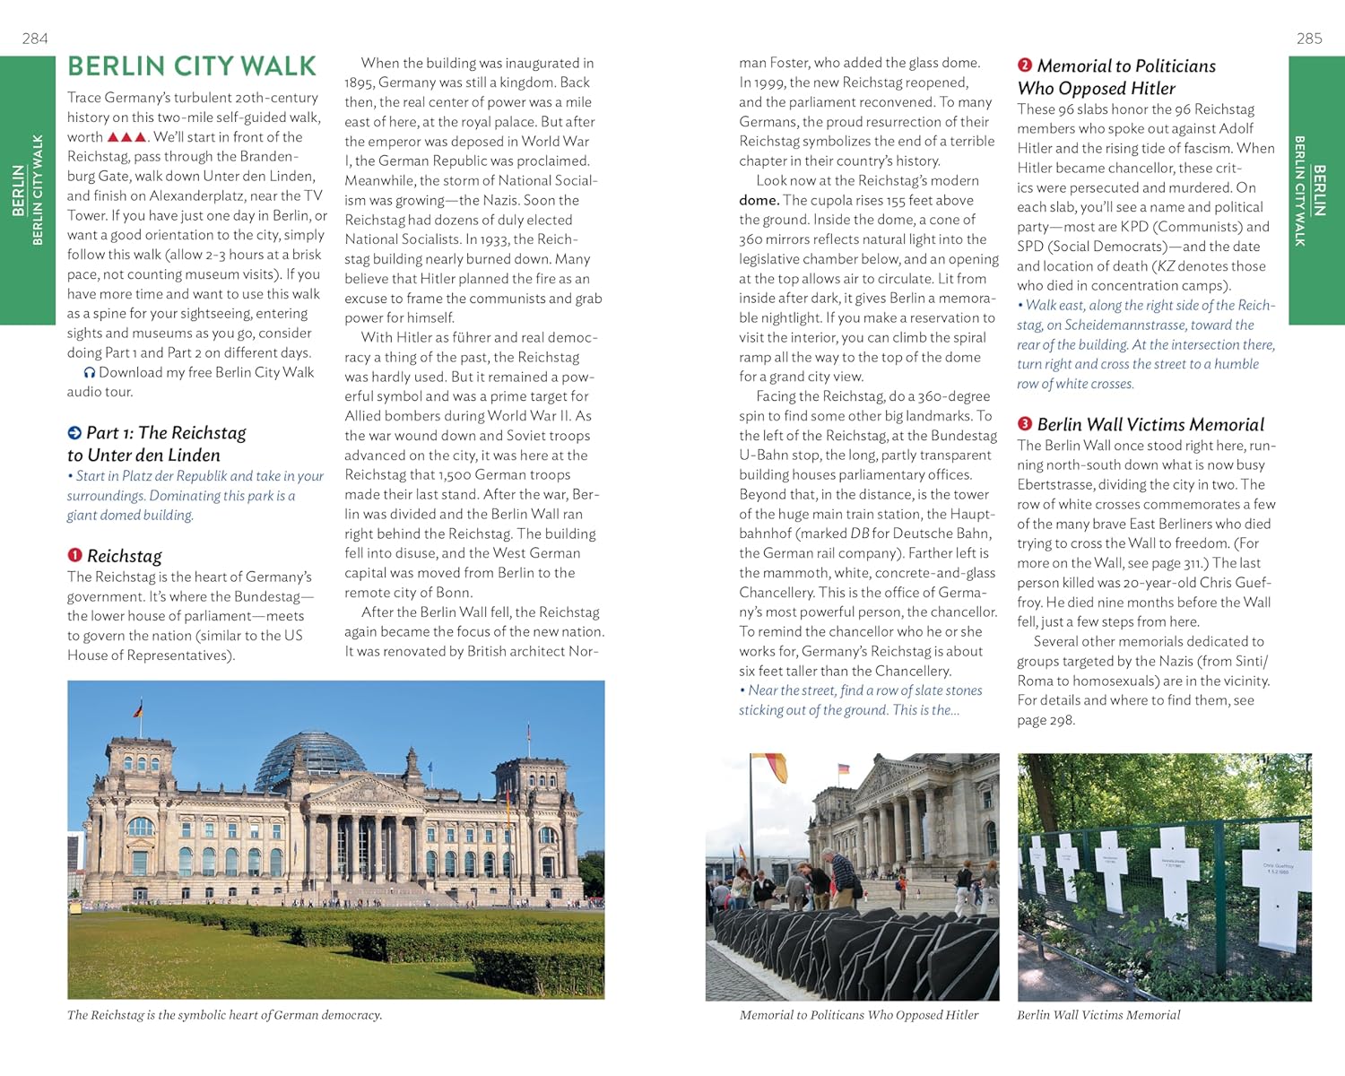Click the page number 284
[35, 39]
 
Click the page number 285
[1309, 39]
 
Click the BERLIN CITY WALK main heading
[192, 66]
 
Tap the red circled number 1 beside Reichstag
[75, 555]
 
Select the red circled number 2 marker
[1025, 65]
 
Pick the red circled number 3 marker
[1025, 424]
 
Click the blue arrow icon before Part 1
[74, 433]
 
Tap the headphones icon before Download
[89, 373]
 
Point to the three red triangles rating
[126, 137]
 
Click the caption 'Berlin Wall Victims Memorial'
[1098, 1015]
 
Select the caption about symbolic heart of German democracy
[224, 1015]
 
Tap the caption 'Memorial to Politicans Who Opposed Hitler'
[858, 1015]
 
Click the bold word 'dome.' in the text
[759, 200]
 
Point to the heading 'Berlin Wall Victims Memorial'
[1150, 425]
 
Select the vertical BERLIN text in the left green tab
[18, 190]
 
